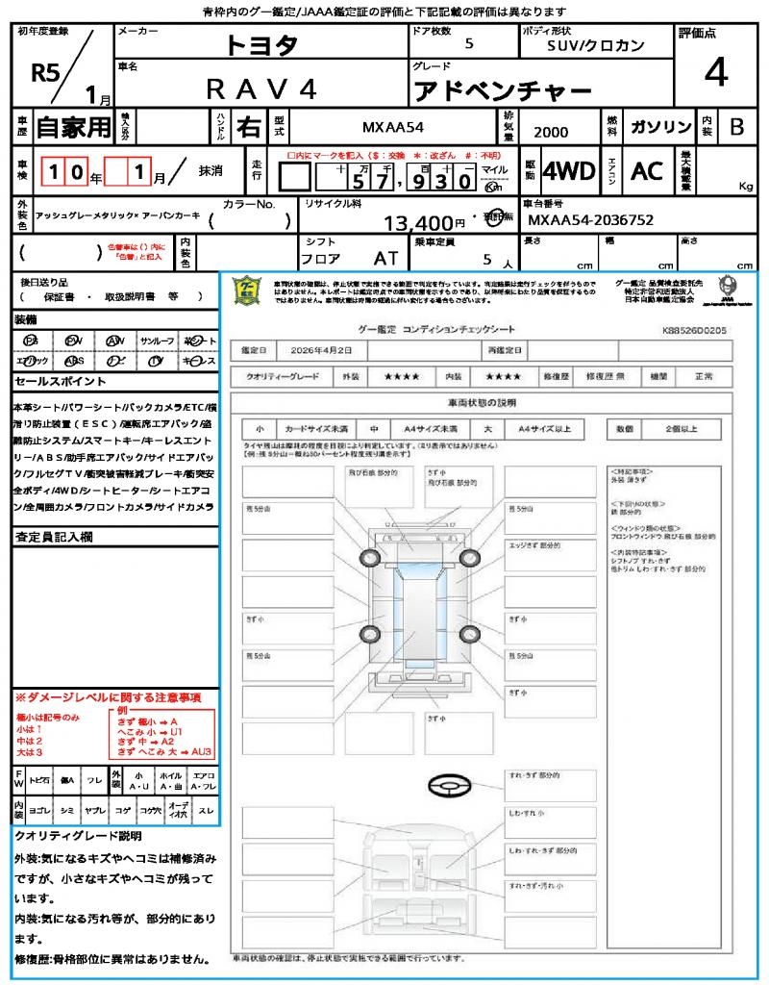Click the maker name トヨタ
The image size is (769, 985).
point(261,44)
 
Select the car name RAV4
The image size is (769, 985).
point(261,89)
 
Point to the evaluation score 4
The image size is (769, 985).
point(715,73)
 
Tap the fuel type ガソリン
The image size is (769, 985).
point(657,127)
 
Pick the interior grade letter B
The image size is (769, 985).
point(736,127)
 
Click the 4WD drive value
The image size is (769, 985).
point(569,171)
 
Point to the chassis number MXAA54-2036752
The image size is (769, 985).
point(591,220)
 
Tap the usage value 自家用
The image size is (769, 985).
point(73,127)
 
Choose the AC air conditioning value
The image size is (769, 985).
point(647,171)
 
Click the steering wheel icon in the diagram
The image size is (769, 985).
point(449,786)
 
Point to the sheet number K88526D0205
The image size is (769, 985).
point(694,330)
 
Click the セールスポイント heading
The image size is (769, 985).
point(56,381)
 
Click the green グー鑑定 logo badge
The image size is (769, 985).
point(248,290)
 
